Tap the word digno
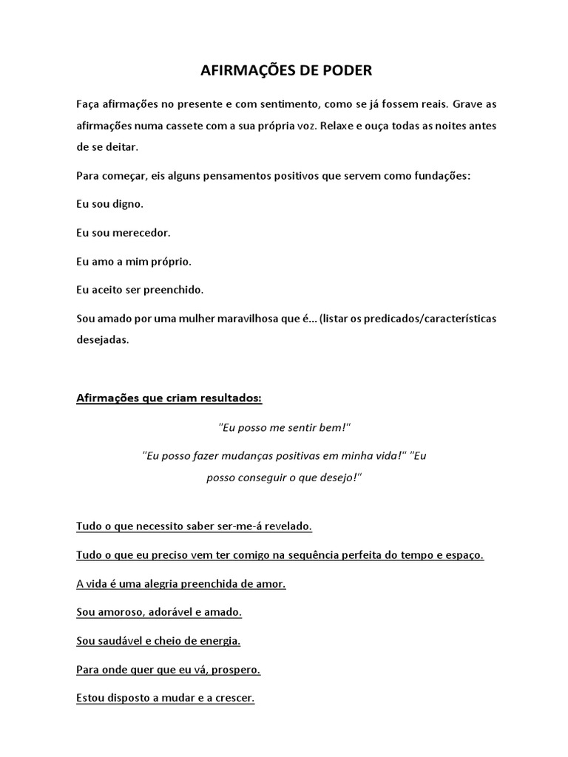[x=129, y=203]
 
